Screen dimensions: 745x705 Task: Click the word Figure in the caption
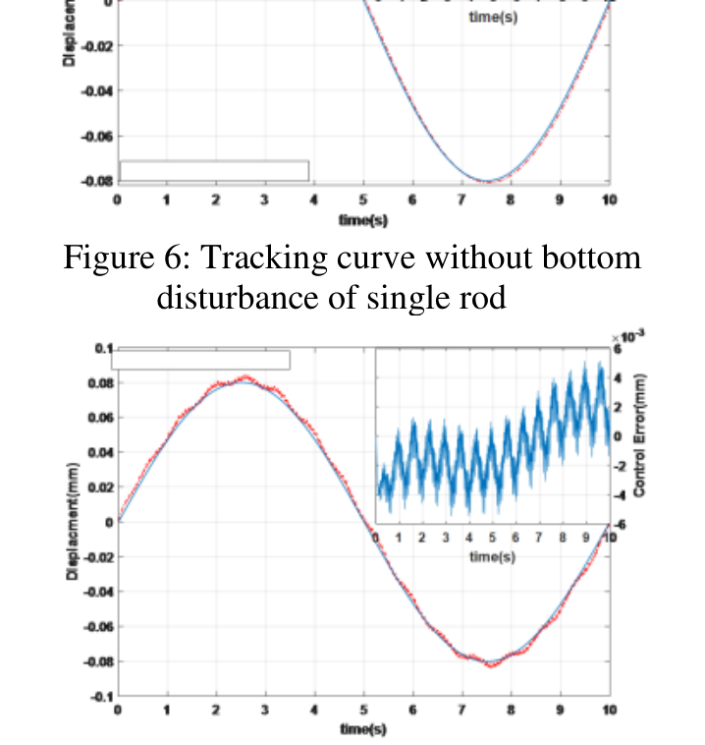(x=104, y=258)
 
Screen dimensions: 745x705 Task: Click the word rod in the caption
(x=483, y=296)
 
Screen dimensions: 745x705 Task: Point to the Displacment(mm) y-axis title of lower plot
(x=73, y=520)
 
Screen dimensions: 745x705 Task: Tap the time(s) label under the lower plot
(x=362, y=728)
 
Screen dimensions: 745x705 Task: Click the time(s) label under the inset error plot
(x=492, y=557)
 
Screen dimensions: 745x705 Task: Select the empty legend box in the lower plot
(x=200, y=360)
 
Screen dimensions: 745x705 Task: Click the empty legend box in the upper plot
(x=213, y=171)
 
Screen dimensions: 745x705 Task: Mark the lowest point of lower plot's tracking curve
(x=490, y=664)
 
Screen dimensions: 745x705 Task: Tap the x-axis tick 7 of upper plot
(x=461, y=201)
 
